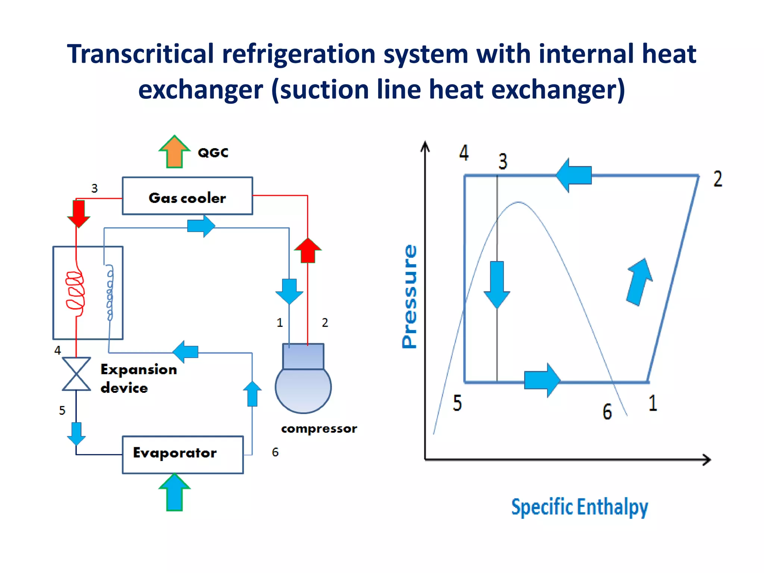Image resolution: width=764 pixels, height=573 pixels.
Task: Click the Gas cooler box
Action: click(x=187, y=196)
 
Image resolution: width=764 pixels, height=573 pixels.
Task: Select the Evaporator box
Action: click(x=183, y=454)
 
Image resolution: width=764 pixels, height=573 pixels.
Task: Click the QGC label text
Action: click(x=213, y=153)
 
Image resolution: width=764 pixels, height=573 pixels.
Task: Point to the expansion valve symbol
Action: click(x=76, y=374)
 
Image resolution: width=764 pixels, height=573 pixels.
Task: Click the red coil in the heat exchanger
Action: click(x=76, y=290)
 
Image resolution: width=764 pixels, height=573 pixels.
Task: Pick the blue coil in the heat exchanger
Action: click(x=110, y=293)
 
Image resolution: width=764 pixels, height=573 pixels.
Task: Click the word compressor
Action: click(x=319, y=429)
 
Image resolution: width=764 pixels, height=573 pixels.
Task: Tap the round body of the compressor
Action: click(x=303, y=390)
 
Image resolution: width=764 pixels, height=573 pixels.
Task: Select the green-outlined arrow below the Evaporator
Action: click(x=174, y=492)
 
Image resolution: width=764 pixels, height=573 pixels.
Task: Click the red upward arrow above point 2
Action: click(x=307, y=250)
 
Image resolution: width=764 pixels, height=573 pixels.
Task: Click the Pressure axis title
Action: click(x=409, y=297)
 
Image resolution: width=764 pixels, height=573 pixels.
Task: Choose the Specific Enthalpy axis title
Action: click(x=579, y=507)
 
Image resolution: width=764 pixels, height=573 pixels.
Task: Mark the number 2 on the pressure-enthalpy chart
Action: click(x=718, y=179)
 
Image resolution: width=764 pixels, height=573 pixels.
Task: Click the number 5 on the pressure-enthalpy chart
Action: click(x=457, y=403)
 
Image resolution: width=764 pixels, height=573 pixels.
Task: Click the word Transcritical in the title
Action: click(x=140, y=54)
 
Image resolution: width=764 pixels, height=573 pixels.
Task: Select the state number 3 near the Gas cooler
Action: click(x=94, y=188)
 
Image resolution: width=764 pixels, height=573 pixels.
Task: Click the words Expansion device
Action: click(x=138, y=378)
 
